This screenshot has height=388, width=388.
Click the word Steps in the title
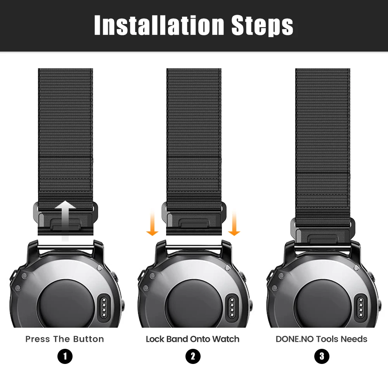262,26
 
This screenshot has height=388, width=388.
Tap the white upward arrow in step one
65,219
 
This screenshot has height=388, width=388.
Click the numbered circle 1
65,357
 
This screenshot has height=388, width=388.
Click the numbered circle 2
193,357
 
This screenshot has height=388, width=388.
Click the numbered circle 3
322,357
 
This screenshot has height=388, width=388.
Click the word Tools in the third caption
327,339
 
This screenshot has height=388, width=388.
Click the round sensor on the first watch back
65,302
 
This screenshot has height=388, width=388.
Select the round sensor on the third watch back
322,302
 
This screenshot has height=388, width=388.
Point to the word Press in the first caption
38,339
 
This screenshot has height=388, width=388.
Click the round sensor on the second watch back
194,302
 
